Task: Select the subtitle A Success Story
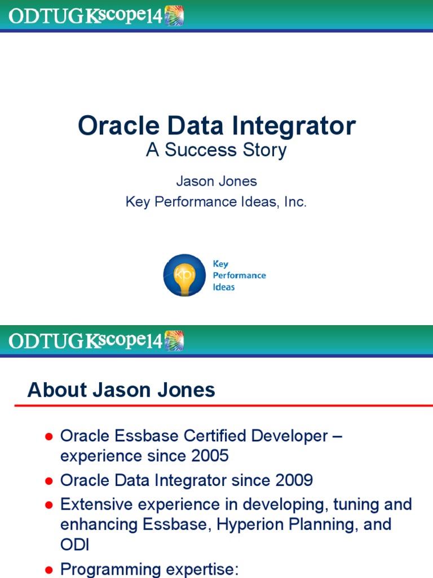[x=216, y=150]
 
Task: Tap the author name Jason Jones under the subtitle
[x=216, y=181]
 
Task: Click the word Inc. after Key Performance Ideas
[x=295, y=202]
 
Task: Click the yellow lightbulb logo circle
[x=184, y=275]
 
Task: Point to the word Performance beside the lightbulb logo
[x=239, y=275]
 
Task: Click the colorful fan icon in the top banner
[x=174, y=15]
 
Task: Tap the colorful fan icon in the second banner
[x=174, y=340]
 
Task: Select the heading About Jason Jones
[x=121, y=390]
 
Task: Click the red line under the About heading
[x=226, y=406]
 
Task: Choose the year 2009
[x=294, y=480]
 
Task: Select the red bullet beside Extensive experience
[x=49, y=504]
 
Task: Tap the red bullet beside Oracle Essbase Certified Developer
[x=49, y=436]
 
